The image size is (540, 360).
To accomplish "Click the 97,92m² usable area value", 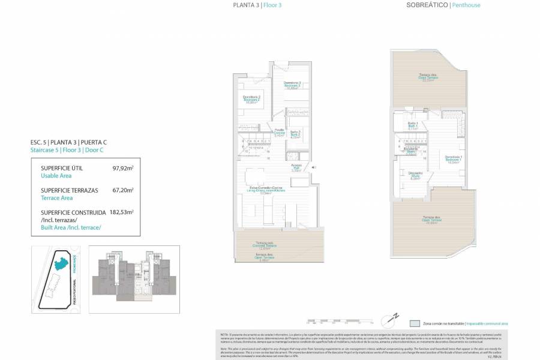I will (123, 169).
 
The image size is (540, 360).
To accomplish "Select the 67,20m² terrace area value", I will (123, 190).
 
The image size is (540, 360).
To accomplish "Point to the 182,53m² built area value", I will (121, 212).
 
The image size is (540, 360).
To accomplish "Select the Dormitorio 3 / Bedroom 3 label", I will (292, 85).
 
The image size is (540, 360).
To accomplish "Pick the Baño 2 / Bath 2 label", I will (295, 134).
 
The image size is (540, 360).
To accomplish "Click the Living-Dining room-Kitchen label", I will (266, 190).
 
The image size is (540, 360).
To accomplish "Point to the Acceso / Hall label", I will (296, 167).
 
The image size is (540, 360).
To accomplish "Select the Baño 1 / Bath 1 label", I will (412, 125).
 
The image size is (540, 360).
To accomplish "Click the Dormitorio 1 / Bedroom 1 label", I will (453, 158).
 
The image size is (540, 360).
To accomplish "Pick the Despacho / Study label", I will (415, 175).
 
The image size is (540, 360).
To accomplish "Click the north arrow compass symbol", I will (395, 316).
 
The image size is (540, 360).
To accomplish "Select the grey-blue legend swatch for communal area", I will (415, 323).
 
